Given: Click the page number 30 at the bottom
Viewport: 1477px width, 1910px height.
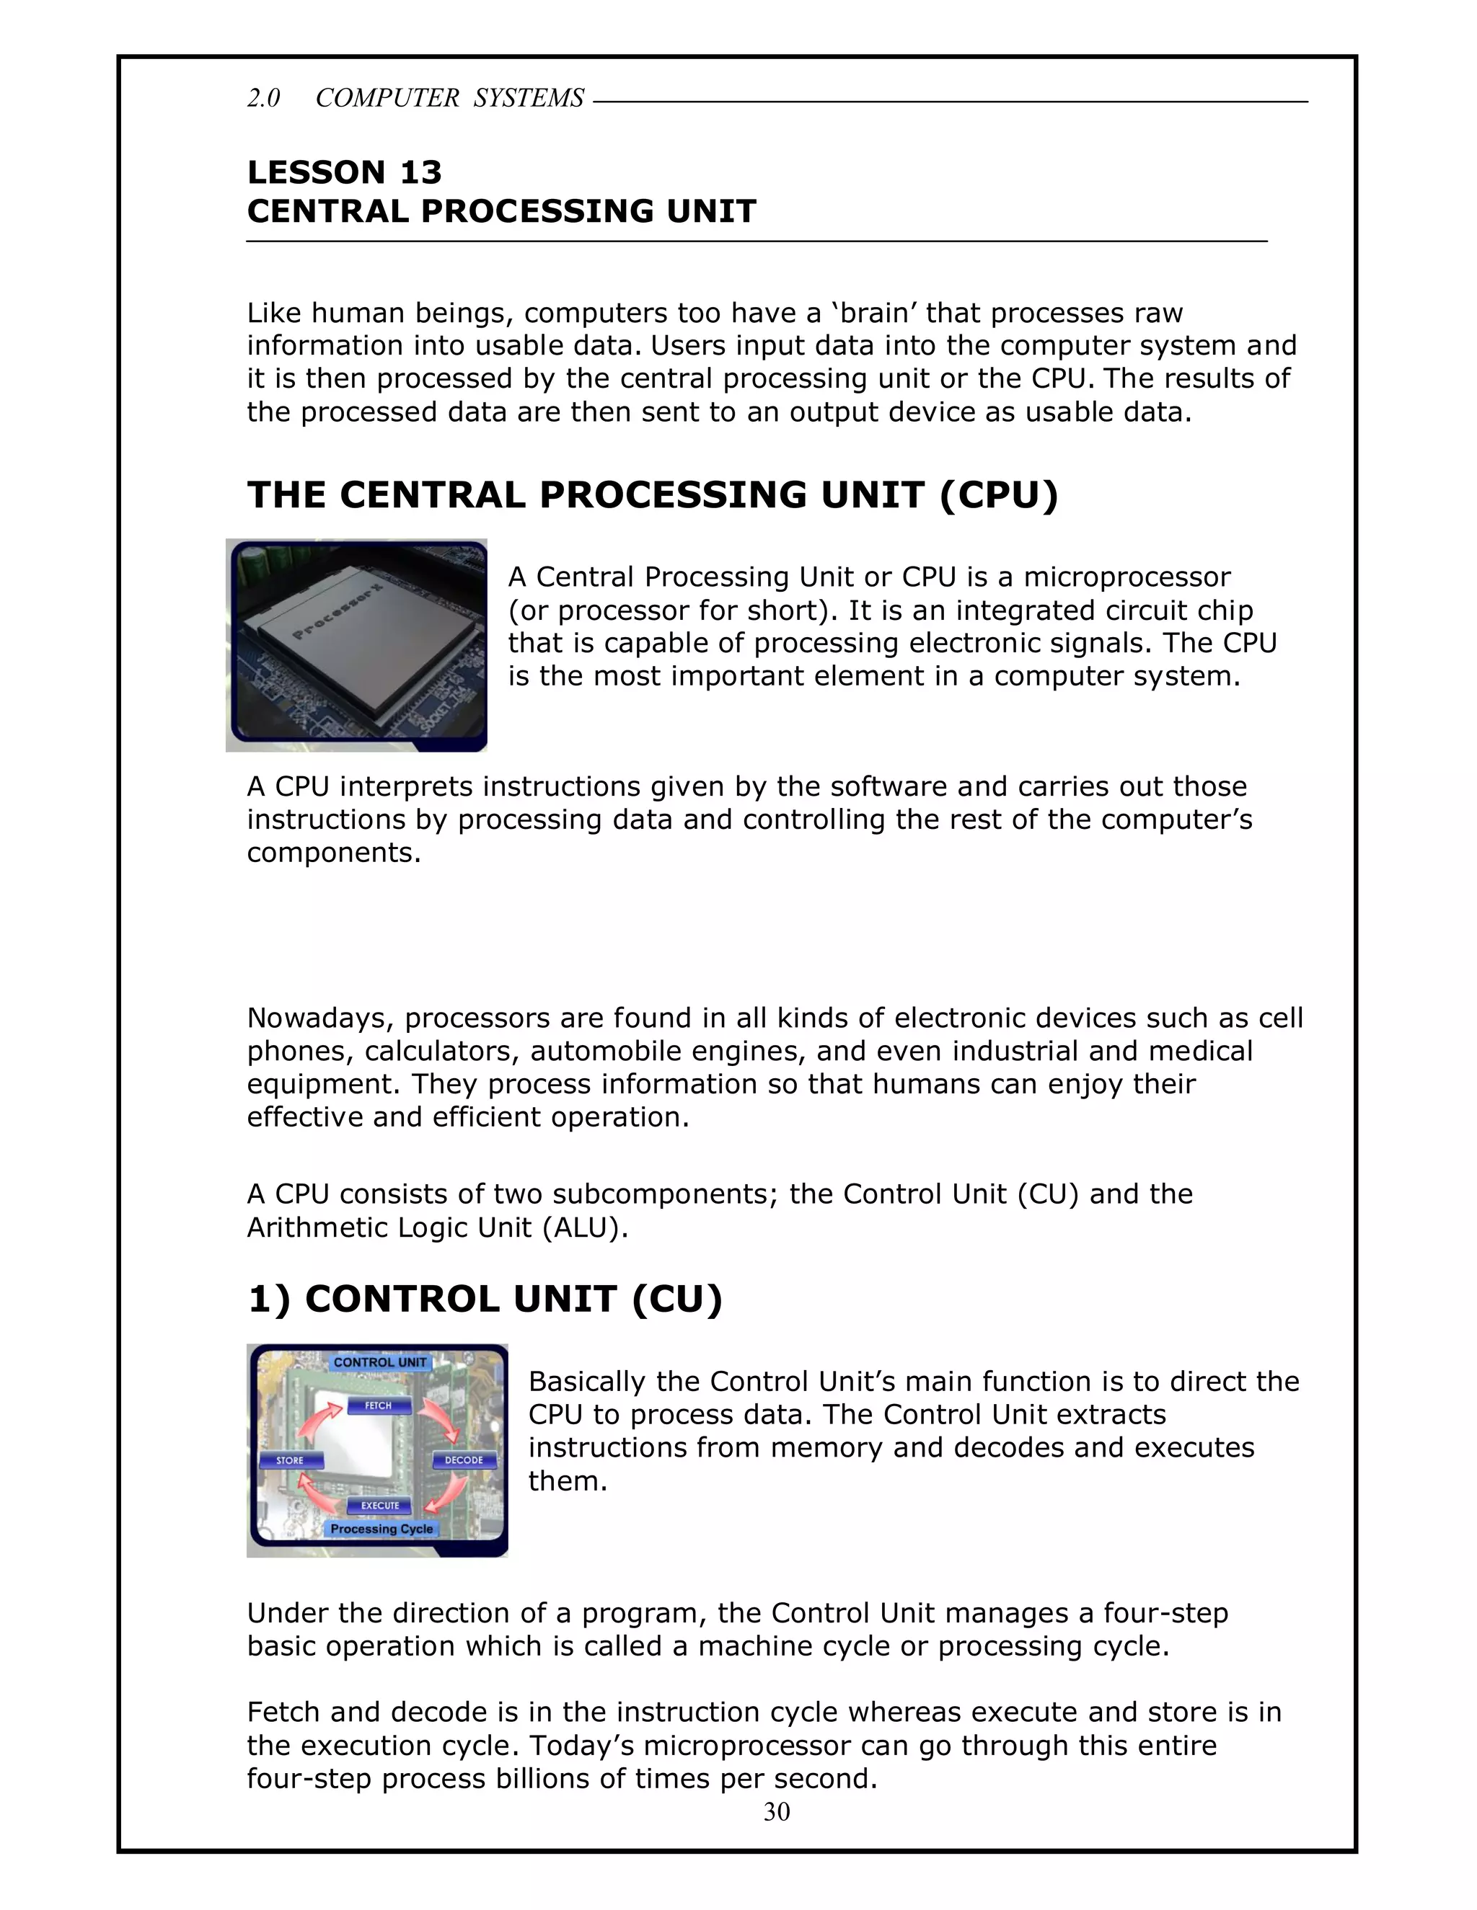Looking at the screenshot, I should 776,1812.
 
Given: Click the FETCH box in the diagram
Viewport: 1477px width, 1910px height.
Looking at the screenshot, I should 378,1405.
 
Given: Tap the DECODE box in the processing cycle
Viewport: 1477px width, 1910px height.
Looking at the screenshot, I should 464,1460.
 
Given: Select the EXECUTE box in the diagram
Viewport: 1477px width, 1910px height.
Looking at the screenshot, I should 380,1505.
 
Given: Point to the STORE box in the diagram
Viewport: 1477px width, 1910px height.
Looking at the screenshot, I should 290,1460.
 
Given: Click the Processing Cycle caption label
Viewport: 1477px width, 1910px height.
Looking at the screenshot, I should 382,1529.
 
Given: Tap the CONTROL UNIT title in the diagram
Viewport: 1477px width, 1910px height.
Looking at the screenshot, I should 380,1362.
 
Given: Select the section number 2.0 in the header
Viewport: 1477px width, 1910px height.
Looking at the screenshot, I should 263,98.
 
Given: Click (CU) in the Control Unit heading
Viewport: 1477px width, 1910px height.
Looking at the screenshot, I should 676,1300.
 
